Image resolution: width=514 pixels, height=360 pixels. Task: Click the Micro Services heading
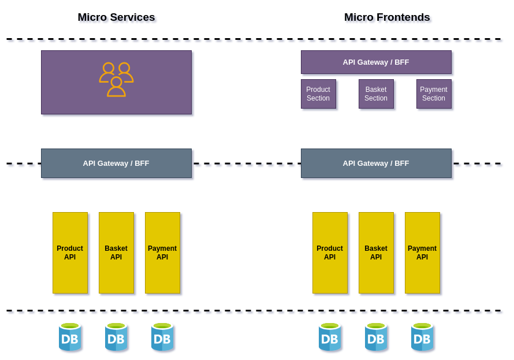116,17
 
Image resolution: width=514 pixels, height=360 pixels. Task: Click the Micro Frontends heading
387,17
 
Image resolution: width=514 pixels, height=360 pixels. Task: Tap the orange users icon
116,79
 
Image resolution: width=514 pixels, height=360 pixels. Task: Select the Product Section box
318,94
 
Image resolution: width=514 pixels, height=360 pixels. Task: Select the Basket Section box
376,94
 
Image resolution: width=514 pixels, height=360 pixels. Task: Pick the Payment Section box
434,94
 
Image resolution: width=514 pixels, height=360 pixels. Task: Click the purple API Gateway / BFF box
376,62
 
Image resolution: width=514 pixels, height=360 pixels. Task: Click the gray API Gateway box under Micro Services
116,163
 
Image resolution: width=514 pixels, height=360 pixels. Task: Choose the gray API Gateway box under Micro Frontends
376,163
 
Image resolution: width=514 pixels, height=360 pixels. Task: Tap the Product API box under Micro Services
70,253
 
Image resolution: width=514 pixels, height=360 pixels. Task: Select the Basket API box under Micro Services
116,253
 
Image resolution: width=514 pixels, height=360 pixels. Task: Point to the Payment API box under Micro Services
162,253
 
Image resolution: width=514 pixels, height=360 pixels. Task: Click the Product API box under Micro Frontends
330,253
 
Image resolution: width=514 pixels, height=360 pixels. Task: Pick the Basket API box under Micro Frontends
376,253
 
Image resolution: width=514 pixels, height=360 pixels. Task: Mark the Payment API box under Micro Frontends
422,253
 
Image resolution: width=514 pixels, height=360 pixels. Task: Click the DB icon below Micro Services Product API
70,337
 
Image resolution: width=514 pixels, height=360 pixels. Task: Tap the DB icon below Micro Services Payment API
162,337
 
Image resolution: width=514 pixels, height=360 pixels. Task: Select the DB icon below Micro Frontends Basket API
376,337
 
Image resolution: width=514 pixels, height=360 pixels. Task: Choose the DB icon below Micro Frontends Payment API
422,337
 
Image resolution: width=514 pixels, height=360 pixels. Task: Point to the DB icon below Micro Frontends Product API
330,337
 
